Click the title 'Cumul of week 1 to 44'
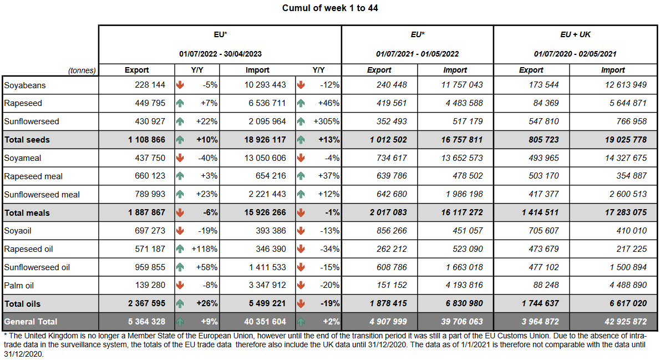pyautogui.click(x=330, y=8)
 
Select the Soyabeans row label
pyautogui.click(x=24, y=85)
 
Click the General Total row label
pyautogui.click(x=31, y=322)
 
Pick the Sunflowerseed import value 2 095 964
pyautogui.click(x=265, y=121)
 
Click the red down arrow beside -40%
pyautogui.click(x=180, y=158)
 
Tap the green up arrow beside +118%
pyautogui.click(x=180, y=249)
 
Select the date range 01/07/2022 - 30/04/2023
pyautogui.click(x=220, y=54)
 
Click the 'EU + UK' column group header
pyautogui.click(x=575, y=34)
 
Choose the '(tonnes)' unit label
pyautogui.click(x=82, y=70)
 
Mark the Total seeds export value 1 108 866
pyautogui.click(x=146, y=140)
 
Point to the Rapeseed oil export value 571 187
pyautogui.click(x=150, y=249)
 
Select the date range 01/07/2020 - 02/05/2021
pyautogui.click(x=575, y=54)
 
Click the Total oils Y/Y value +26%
pyautogui.click(x=206, y=304)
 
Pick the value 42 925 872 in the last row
pyautogui.click(x=623, y=322)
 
